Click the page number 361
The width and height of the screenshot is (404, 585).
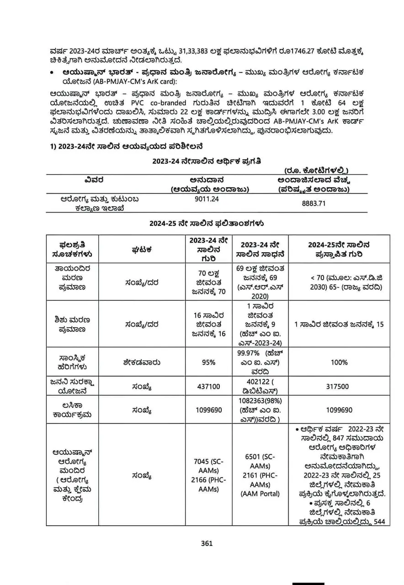(207, 543)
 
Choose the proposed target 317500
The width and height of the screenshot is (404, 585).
(338, 387)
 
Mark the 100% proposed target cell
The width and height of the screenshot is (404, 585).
(338, 362)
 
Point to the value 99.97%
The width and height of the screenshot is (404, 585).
(248, 353)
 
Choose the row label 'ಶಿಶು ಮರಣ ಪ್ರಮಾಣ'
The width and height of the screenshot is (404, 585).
(72, 324)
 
